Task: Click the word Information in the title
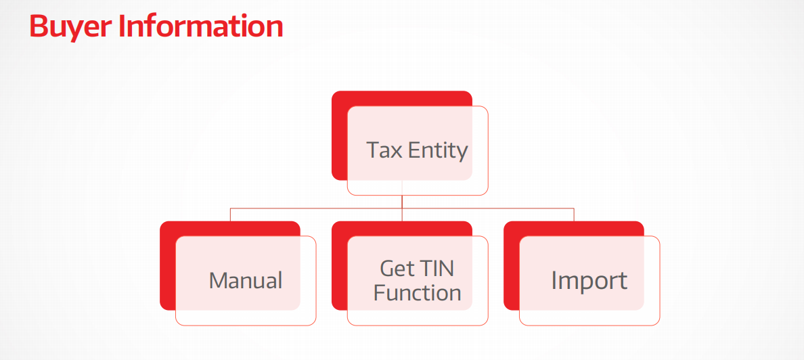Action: pos(201,26)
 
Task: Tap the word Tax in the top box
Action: pos(384,150)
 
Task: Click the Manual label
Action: pos(246,281)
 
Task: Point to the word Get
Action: pos(396,268)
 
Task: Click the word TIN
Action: pos(437,268)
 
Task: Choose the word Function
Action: pos(417,292)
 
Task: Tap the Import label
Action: pos(589,281)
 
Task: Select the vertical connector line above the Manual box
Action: pos(230,215)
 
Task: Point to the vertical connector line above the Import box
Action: pos(574,215)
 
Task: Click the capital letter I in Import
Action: pos(554,280)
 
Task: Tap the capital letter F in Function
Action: pos(379,293)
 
